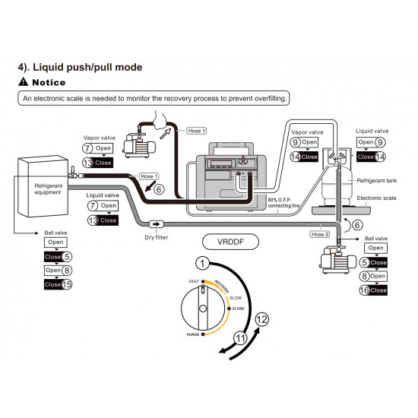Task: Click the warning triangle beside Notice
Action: (24, 81)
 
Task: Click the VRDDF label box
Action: (230, 242)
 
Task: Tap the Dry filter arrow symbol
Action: (156, 224)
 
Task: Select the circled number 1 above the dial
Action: (202, 264)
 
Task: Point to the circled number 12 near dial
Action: (261, 319)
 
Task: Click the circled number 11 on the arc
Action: (240, 338)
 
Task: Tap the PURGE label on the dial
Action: (193, 334)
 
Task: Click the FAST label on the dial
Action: (194, 281)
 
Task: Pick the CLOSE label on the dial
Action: (238, 309)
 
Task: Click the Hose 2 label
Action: (320, 234)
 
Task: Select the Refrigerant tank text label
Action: (377, 181)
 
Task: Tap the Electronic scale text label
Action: (376, 198)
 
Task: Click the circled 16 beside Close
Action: (364, 290)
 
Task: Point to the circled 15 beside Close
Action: (67, 284)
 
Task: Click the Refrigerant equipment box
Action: (43, 186)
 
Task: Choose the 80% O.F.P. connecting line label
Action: (283, 203)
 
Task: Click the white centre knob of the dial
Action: (203, 309)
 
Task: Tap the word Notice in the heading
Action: (49, 82)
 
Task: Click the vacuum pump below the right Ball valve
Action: (338, 259)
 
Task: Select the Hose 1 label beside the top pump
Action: (197, 131)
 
